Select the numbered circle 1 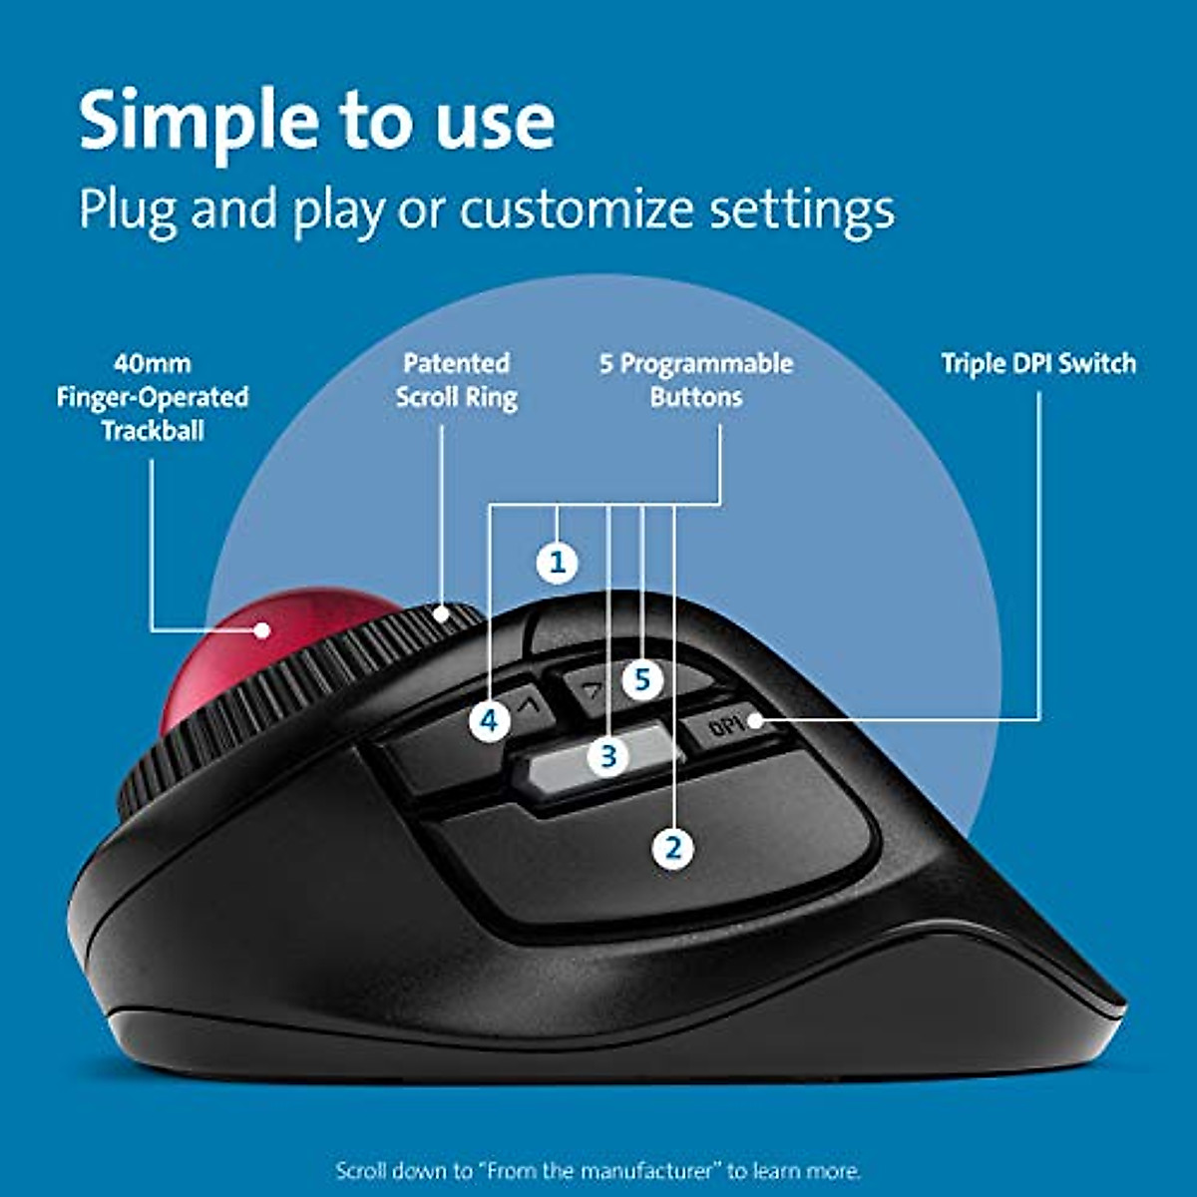[558, 563]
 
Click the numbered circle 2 [673, 849]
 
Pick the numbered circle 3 [608, 756]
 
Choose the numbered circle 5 [642, 680]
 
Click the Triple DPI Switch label [1038, 363]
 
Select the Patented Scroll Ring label [456, 380]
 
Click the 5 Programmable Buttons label [696, 380]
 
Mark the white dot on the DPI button [755, 719]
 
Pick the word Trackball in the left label [153, 431]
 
